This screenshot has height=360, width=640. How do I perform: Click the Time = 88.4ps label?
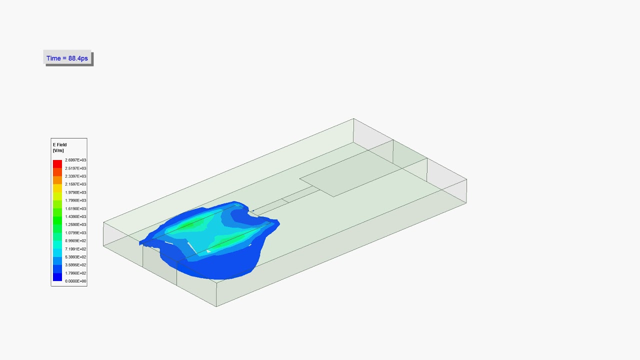tap(67, 58)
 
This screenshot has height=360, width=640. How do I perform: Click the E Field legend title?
tap(59, 145)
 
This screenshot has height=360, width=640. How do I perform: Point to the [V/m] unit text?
tap(58, 150)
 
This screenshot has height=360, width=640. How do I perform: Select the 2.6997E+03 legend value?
tap(75, 160)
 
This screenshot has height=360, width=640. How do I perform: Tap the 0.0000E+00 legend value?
tap(75, 281)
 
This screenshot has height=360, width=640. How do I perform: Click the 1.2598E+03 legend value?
tap(75, 224)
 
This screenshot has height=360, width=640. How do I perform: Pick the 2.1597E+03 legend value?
tap(75, 184)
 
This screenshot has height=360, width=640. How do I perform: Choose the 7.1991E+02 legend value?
tap(75, 249)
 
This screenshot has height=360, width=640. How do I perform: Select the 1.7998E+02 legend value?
tap(75, 273)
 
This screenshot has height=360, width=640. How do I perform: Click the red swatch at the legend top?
tap(57, 164)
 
